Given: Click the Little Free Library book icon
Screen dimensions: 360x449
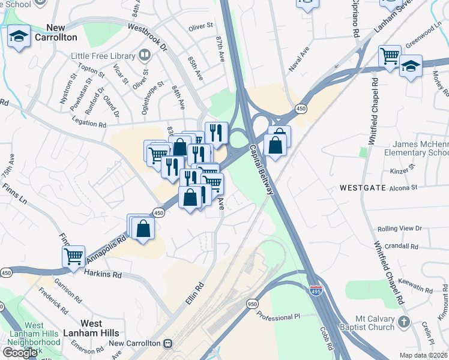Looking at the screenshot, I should click(144, 56).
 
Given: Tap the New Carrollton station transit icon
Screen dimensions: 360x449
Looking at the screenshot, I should click(167, 343).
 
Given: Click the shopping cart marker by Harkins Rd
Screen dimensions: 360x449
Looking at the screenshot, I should click(73, 256).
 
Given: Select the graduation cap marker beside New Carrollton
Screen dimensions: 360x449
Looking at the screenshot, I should click(19, 37).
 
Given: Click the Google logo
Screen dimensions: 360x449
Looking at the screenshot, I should click(20, 352).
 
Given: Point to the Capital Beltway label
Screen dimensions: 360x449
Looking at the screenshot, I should click(262, 170).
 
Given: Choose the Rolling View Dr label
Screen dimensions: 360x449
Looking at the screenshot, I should click(400, 229).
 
